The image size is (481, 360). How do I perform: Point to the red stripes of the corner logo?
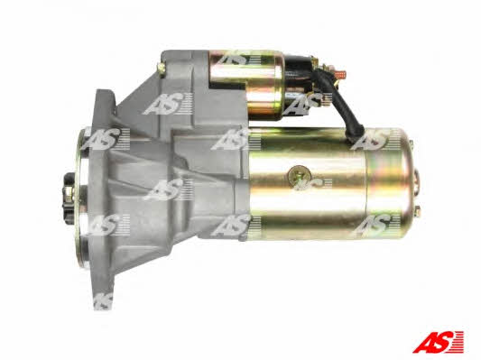(458, 342)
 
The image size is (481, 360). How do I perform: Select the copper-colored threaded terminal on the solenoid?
(340, 74)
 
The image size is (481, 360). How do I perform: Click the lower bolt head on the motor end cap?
(417, 212)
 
